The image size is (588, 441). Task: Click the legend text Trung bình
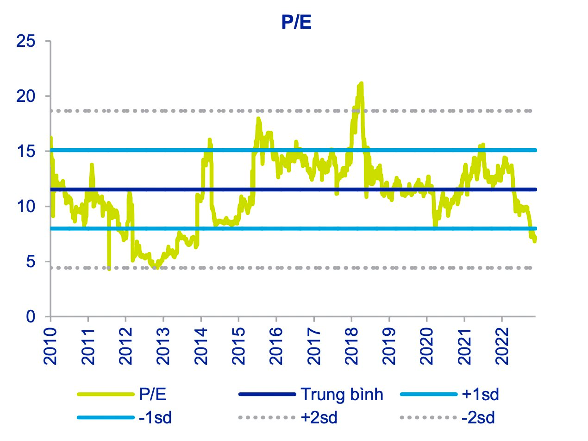[x=342, y=395]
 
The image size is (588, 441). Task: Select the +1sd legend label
[x=481, y=395]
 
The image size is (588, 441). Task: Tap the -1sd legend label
[x=155, y=418]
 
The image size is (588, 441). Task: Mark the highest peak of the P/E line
[x=360, y=83]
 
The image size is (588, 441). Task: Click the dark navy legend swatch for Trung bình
[x=267, y=395]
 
